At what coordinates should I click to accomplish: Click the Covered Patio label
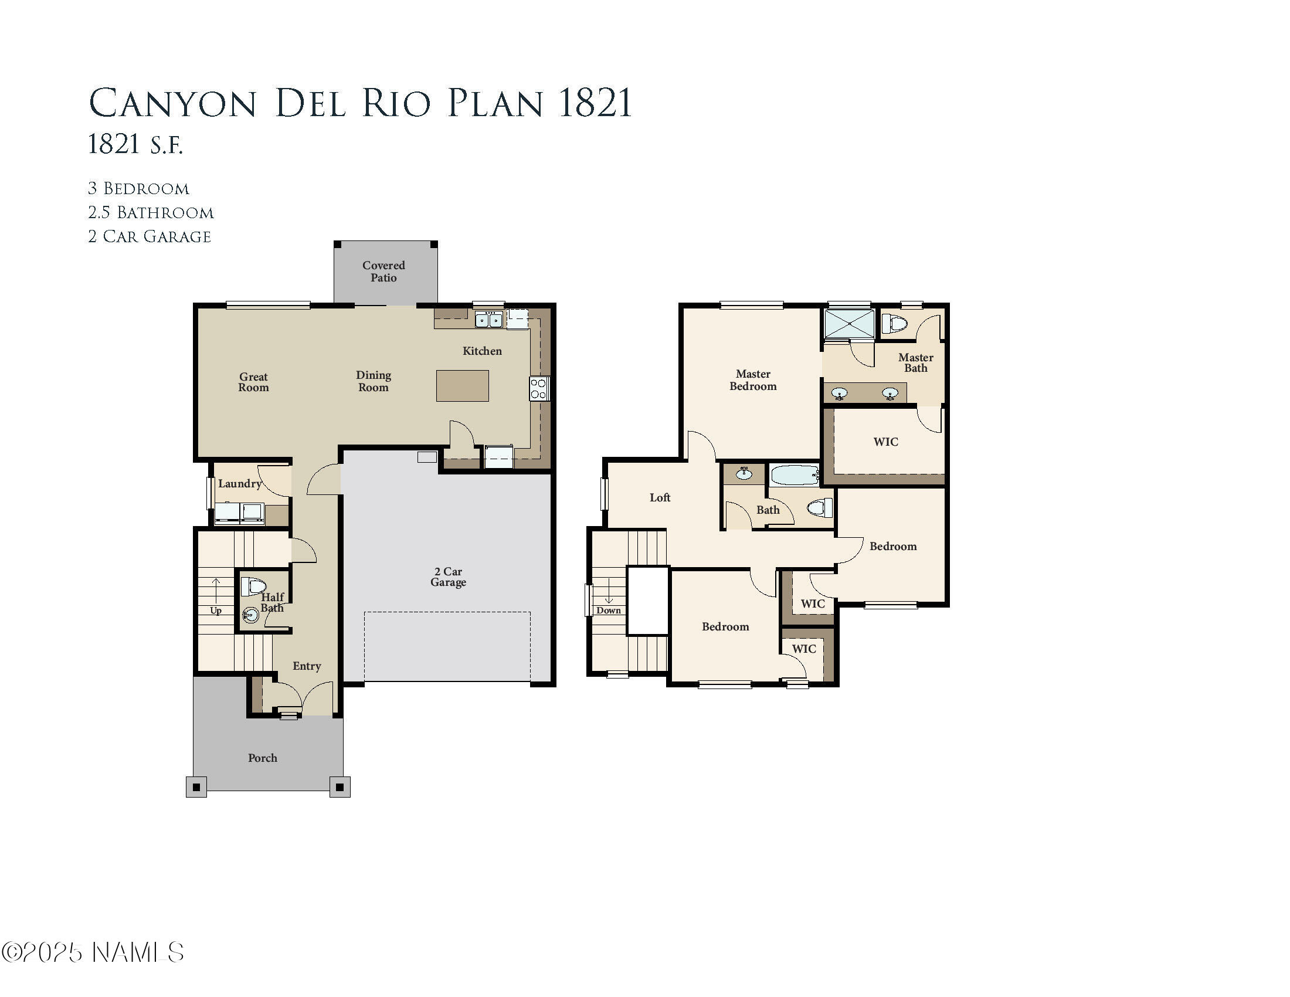coord(383,272)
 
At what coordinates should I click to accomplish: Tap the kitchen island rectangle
coord(463,386)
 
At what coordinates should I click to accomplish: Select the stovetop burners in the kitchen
coord(538,389)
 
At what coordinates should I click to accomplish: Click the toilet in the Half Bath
coord(253,586)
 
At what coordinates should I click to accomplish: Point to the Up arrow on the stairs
coord(216,591)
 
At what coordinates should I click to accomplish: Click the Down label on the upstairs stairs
coord(609,610)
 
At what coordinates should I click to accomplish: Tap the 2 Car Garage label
coord(449,577)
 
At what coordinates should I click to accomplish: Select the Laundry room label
coord(239,484)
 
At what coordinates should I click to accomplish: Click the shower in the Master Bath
coord(850,324)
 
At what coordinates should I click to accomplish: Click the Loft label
coord(660,498)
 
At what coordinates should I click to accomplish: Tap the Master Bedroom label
coord(752,380)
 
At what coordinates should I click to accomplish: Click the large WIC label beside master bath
coord(885,442)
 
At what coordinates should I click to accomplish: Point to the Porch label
coord(262,758)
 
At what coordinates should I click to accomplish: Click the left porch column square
coord(196,787)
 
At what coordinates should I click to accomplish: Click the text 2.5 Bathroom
coord(151,213)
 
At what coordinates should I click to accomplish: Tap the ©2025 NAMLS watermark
coord(93,952)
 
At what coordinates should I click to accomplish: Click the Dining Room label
coord(374,381)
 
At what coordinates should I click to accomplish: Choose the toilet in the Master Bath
coord(894,324)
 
